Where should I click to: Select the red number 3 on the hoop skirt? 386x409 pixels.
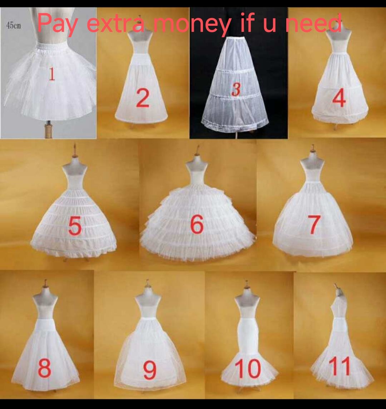coord(235,89)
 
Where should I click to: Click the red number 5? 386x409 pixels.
coord(74,226)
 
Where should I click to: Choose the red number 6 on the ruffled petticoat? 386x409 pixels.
coord(197,224)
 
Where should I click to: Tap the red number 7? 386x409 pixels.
coord(313,225)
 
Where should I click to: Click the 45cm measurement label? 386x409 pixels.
coord(14,26)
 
